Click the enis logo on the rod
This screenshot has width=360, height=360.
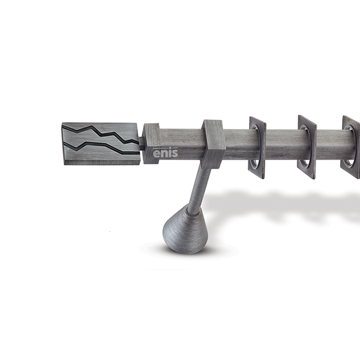click(x=166, y=152)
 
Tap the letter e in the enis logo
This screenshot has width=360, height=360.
click(x=157, y=154)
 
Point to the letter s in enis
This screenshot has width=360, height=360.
click(x=175, y=154)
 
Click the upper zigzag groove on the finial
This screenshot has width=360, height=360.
click(x=101, y=134)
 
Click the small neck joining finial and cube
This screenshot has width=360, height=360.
click(x=142, y=143)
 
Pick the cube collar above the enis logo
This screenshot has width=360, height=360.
click(x=151, y=143)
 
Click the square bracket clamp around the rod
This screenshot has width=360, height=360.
click(x=212, y=144)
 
